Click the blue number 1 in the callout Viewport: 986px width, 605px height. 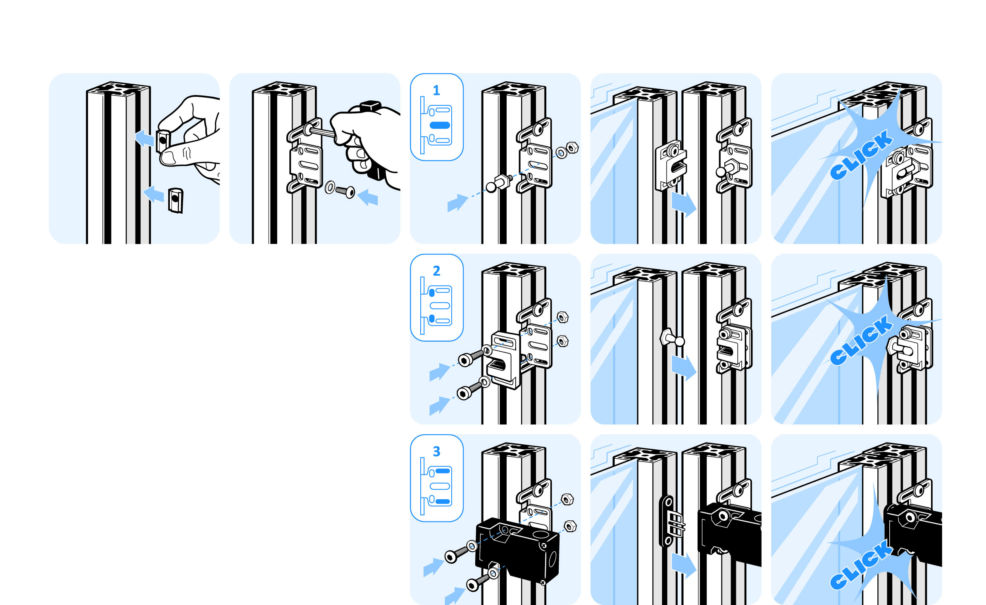(436, 90)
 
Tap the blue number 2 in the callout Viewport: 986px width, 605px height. (436, 271)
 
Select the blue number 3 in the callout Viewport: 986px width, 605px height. (436, 451)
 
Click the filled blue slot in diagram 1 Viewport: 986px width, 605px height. (440, 125)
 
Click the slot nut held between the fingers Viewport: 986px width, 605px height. (163, 141)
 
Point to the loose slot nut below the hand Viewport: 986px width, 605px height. (176, 200)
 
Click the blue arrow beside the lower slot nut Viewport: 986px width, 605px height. (153, 194)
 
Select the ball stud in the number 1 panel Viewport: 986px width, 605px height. (500, 183)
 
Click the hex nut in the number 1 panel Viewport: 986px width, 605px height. (572, 148)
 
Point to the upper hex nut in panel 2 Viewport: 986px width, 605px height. (562, 317)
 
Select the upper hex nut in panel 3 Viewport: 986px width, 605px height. (567, 499)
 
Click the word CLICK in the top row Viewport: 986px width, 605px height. (862, 155)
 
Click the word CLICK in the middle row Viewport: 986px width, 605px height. (862, 340)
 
